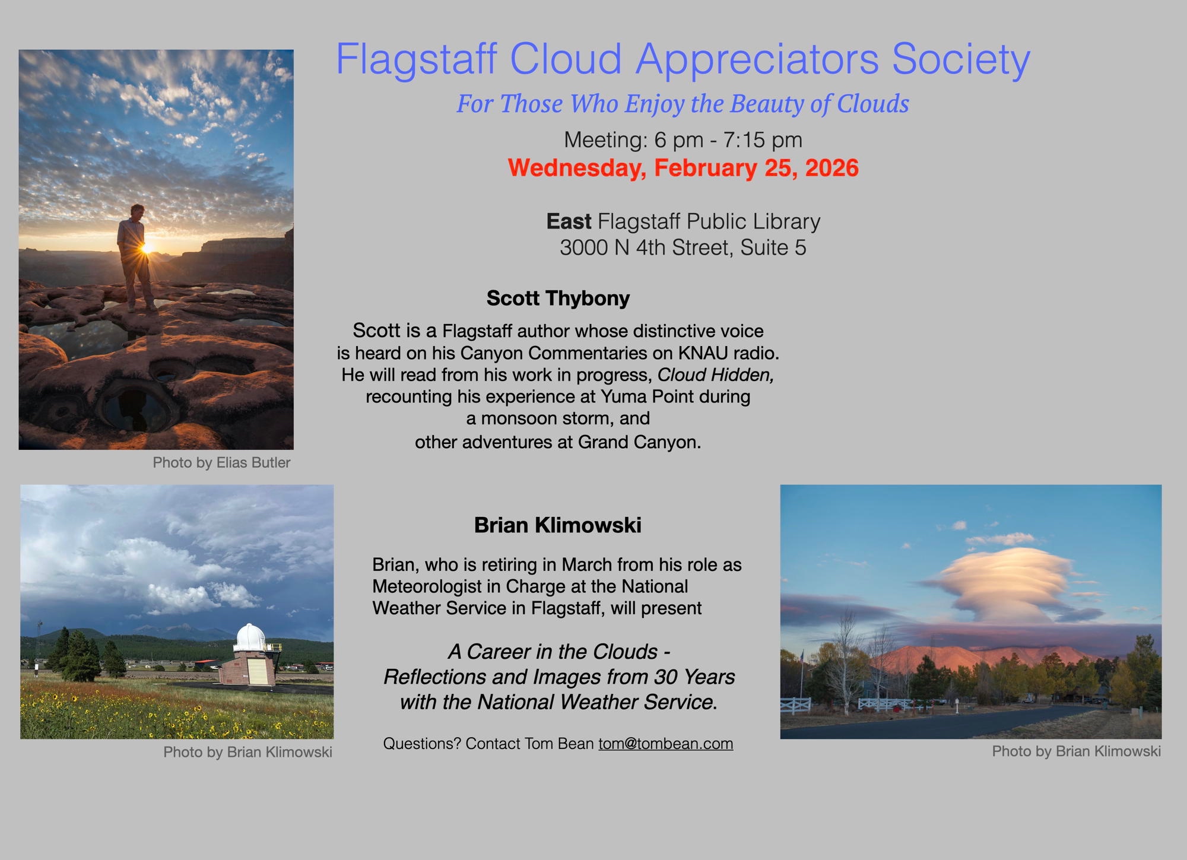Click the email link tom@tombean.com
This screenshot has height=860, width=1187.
[665, 744]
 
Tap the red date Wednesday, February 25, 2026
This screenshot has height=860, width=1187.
[683, 168]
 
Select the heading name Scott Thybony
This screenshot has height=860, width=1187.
[558, 298]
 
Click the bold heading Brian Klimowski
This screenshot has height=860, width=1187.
[557, 525]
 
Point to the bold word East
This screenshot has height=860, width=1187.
[569, 221]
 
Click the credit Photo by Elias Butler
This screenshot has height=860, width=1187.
[221, 463]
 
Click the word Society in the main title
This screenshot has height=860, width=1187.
[961, 59]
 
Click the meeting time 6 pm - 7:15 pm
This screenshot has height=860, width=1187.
[728, 140]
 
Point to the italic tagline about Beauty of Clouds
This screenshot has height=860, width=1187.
[683, 104]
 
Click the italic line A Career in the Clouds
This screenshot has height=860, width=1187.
[560, 652]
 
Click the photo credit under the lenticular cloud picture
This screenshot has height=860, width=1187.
[1076, 751]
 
